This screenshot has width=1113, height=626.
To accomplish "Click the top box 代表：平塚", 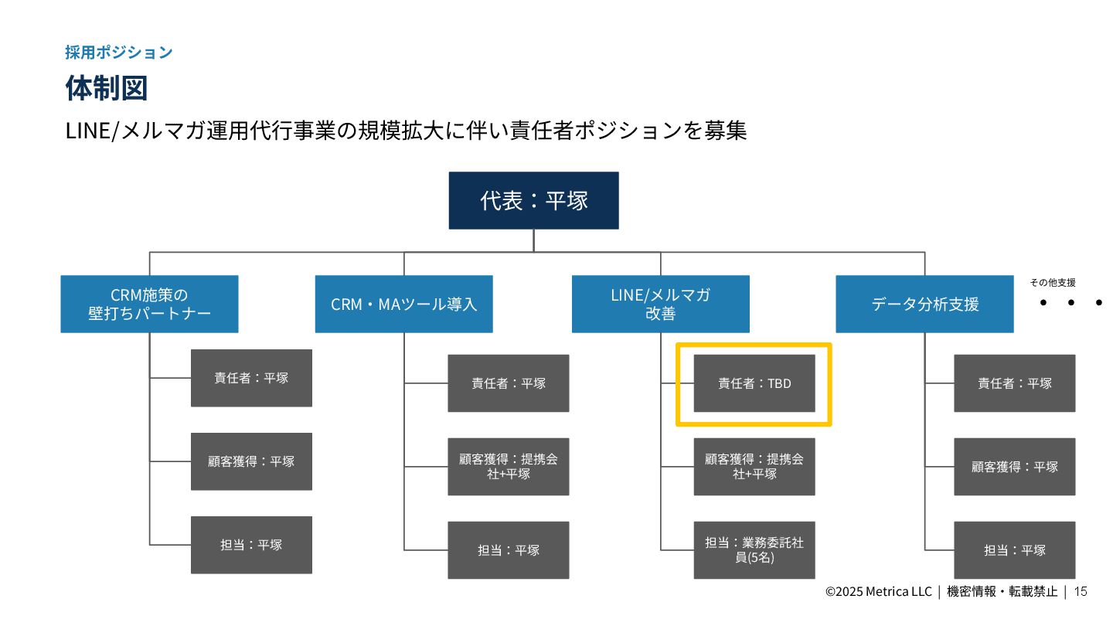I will tap(533, 200).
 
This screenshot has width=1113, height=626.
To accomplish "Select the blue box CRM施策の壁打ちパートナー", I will tap(149, 304).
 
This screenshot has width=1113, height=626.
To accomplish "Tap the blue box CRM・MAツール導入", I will tap(403, 304).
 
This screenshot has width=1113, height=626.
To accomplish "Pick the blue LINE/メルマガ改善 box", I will tap(660, 304).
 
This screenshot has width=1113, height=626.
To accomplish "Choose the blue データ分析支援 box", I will tap(924, 304).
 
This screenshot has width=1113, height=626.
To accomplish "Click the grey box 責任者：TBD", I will tap(754, 383).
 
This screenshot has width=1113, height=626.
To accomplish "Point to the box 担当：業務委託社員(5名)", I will tap(754, 549).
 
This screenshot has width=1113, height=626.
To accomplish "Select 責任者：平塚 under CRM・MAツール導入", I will tap(509, 383).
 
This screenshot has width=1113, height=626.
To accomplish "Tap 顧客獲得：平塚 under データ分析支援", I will tap(1014, 467).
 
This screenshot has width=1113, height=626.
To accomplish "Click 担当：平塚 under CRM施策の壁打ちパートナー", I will tap(251, 545).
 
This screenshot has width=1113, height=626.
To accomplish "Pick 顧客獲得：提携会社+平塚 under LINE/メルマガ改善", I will tap(754, 466).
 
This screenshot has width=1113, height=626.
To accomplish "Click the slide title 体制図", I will tap(106, 88).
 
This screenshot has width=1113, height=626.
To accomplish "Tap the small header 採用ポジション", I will tap(118, 53).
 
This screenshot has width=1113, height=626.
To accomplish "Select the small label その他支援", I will tap(1052, 283).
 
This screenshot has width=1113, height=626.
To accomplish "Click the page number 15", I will tap(1081, 591).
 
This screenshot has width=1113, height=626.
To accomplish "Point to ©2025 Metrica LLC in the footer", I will tap(879, 592).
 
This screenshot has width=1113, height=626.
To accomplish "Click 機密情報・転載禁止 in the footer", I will tap(1002, 592).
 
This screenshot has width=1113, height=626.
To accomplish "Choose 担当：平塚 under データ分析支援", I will tap(1014, 550).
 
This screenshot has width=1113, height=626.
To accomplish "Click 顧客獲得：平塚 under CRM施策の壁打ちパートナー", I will tap(251, 461).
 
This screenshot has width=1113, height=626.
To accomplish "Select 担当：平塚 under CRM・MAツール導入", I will tap(509, 550).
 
